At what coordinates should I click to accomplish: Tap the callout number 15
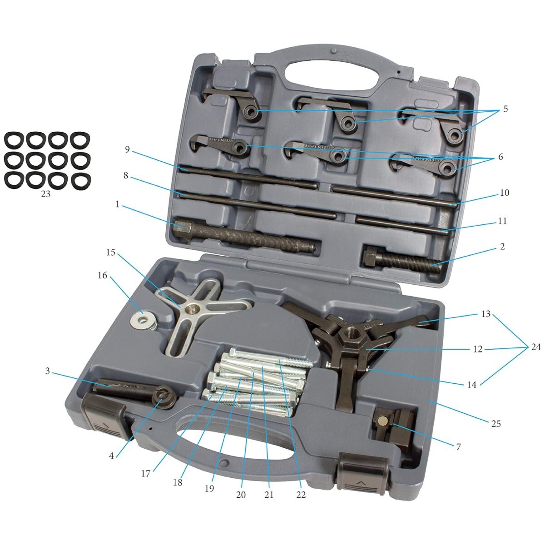pos(111,252)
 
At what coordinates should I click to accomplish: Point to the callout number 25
pos(496,423)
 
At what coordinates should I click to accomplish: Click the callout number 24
pos(535,347)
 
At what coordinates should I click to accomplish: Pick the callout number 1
pos(118,204)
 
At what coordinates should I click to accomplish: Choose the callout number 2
pos(502,247)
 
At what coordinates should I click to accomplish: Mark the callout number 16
pos(102,275)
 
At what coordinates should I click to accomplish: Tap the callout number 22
pos(301,494)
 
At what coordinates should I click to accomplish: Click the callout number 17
pos(145,473)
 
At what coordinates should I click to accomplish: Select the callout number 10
pos(504,193)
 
